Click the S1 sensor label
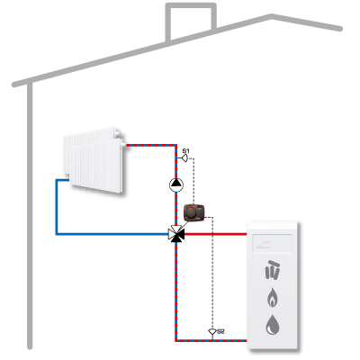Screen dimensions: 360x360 point(186,150)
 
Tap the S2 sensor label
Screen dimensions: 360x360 point(220,331)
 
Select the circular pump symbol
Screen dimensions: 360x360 point(176,184)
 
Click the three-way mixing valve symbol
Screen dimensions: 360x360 point(176,234)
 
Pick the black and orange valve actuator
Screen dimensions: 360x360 point(194,212)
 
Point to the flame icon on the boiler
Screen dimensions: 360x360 point(273,297)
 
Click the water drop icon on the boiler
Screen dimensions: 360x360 point(273,325)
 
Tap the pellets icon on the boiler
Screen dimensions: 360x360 point(273,270)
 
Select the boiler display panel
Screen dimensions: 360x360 point(272,243)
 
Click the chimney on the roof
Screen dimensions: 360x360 point(191,22)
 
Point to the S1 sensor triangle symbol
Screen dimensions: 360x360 point(185,157)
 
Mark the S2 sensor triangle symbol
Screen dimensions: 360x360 point(212,331)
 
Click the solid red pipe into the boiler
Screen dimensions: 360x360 point(215,234)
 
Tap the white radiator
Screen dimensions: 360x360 point(94,159)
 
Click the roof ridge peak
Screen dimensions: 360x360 point(271,15)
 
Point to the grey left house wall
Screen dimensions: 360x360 point(30,216)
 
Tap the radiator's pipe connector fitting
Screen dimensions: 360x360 point(123,145)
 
